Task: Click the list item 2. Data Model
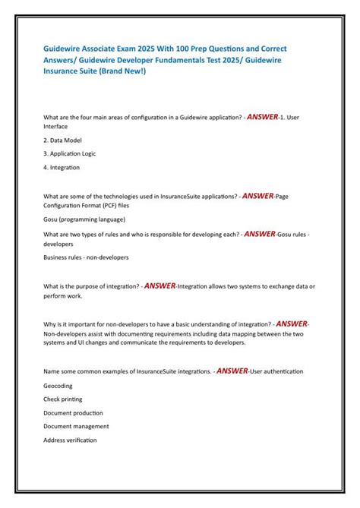tap(63, 140)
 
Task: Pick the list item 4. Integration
tap(62, 167)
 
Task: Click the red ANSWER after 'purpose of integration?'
tap(159, 286)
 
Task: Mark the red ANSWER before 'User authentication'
tap(232, 371)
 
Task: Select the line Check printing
tap(63, 399)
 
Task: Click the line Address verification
tap(70, 440)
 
